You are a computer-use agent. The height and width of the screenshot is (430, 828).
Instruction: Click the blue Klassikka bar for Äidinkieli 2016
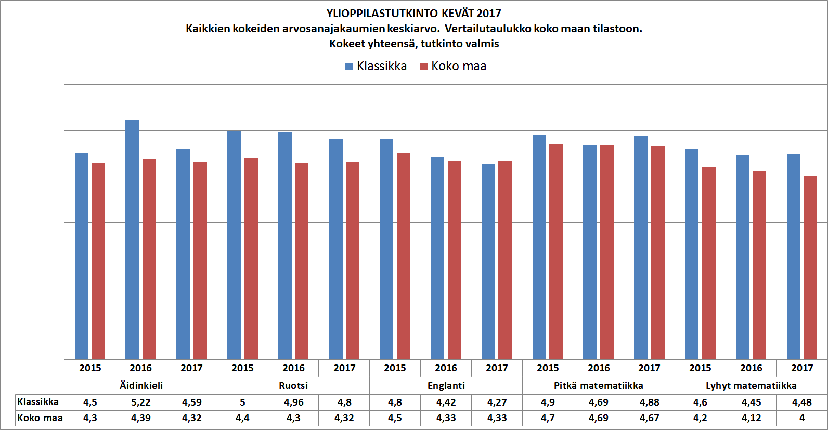pos(132,239)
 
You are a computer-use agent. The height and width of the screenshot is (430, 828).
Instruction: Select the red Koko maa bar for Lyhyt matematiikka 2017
pos(810,268)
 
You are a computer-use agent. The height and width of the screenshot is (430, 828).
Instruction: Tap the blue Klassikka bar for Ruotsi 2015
pos(234,244)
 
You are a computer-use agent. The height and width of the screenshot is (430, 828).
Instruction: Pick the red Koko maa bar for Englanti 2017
pos(504,260)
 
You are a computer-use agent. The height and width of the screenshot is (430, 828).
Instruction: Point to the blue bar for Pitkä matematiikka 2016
pos(590,252)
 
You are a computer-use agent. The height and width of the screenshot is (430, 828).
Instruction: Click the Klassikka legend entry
pos(376,66)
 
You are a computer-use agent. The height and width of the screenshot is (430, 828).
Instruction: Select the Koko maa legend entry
pos(453,66)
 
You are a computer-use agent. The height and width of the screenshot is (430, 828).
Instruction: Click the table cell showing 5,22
pos(140,402)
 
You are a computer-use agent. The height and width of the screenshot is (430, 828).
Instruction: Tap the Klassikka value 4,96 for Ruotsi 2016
pos(293,402)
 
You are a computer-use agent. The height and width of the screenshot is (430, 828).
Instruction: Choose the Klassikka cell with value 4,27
pos(497,402)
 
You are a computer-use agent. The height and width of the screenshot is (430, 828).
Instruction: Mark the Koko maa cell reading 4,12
pos(751,418)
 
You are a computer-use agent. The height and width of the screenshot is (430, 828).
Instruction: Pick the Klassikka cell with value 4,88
pos(649,402)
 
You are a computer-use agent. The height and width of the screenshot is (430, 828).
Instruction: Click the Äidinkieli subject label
pos(141,385)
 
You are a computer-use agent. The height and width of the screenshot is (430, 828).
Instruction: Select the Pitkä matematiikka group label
pos(598,385)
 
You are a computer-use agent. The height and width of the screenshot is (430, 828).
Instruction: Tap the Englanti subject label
pos(446,385)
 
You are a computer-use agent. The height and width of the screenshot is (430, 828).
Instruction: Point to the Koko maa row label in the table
pos(40,418)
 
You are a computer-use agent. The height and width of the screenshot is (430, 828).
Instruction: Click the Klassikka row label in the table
pos(38,402)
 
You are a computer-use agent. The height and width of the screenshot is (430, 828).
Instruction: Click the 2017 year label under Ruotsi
pos(344,368)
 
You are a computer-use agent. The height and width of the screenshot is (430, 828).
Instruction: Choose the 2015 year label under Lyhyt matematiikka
pos(700,368)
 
